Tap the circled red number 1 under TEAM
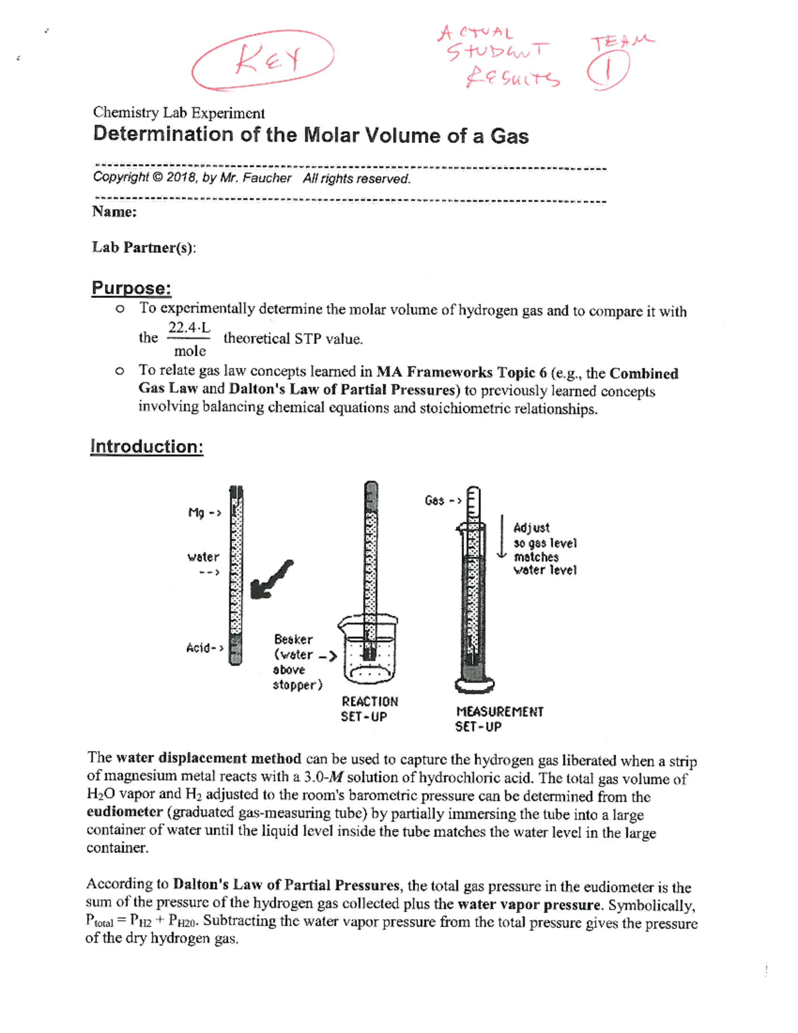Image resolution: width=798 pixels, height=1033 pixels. [607, 71]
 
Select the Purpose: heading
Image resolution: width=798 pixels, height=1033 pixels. [131, 288]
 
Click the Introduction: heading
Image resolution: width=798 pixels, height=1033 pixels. [146, 446]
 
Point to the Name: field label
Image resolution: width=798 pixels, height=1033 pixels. [114, 212]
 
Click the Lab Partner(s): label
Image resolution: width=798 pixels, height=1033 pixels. [144, 247]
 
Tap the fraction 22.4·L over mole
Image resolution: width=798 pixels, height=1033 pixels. [190, 339]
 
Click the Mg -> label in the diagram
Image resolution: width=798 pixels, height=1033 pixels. [204, 513]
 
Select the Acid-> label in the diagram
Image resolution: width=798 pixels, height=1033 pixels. [204, 647]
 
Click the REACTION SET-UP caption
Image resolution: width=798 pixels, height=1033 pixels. [369, 709]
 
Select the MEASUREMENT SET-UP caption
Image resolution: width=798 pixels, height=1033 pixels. [499, 719]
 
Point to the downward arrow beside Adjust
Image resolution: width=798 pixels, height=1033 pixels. [502, 537]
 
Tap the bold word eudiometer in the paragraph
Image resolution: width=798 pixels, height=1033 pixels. [124, 812]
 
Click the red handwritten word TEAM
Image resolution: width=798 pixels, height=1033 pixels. [622, 41]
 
